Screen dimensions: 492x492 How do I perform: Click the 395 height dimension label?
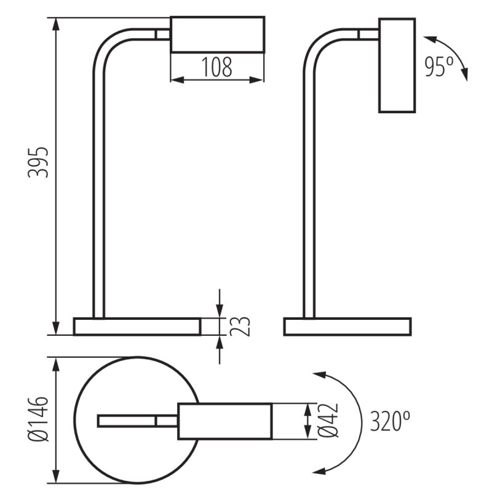pyautogui.click(x=40, y=162)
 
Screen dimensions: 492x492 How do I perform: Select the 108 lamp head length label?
pyautogui.click(x=216, y=67)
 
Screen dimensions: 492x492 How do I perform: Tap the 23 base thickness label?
pyautogui.click(x=242, y=326)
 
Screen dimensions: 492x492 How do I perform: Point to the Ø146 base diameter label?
pyautogui.click(x=39, y=419)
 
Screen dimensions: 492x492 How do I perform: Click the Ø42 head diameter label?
pyautogui.click(x=329, y=421)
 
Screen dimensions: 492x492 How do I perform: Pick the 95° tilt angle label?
pyautogui.click(x=438, y=67)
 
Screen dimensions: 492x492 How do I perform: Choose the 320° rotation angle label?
pyautogui.click(x=390, y=422)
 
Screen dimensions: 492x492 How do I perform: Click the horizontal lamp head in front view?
pyautogui.click(x=217, y=34)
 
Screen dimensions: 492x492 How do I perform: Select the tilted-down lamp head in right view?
pyautogui.click(x=397, y=65)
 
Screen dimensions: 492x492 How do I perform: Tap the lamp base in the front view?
pyautogui.click(x=137, y=327)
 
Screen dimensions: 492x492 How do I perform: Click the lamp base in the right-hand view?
pyautogui.click(x=347, y=327)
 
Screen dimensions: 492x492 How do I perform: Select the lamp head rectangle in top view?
pyautogui.click(x=225, y=421)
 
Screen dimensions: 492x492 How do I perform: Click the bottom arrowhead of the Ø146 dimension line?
pyautogui.click(x=56, y=476)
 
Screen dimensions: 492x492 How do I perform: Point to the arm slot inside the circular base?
pyautogui.click(x=127, y=421)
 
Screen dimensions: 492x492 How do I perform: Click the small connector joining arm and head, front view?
pyautogui.click(x=163, y=34)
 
